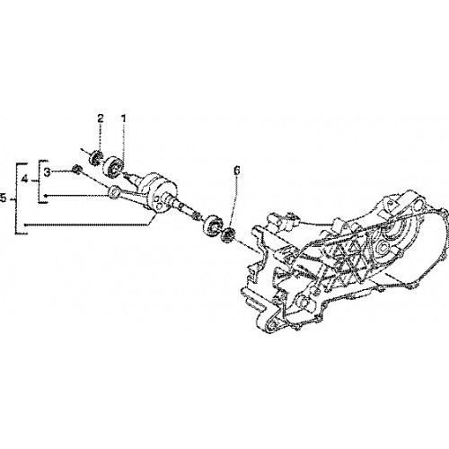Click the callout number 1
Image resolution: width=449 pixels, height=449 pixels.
click(123, 119)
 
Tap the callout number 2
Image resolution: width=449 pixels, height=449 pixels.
click(100, 119)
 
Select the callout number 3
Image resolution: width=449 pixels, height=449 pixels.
click(48, 172)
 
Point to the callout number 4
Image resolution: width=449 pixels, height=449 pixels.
click(25, 180)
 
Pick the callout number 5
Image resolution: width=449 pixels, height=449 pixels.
click(3, 198)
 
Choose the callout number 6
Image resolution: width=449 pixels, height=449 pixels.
click(236, 171)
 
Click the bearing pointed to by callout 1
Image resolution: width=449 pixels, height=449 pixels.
click(113, 167)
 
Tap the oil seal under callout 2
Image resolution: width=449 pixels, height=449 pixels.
click(96, 158)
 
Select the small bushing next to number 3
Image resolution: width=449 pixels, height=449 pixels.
click(76, 170)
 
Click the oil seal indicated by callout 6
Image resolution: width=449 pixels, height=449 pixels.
click(228, 234)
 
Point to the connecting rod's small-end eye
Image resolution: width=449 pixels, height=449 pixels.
click(113, 191)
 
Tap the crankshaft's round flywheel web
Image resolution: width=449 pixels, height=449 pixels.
click(158, 195)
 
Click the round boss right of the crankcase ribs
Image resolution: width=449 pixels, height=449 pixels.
click(383, 247)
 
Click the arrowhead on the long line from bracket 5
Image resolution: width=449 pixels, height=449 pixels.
click(26, 224)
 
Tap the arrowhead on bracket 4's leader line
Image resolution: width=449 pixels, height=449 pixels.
click(46, 196)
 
